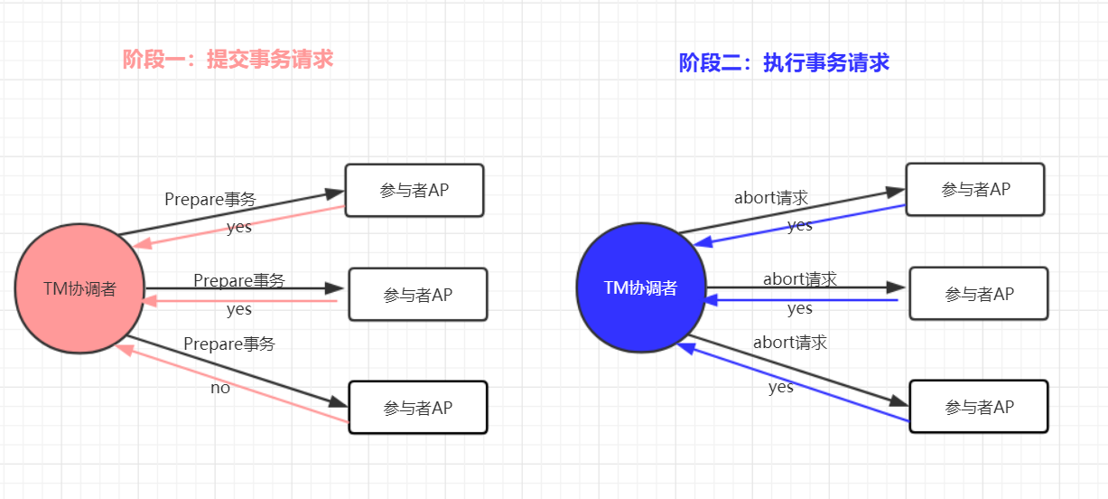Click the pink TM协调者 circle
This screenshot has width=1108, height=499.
click(x=79, y=289)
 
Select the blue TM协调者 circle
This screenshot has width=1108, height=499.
click(x=641, y=288)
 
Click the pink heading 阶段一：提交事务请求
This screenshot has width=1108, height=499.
click(x=228, y=60)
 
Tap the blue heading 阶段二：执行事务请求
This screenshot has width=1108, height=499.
click(x=784, y=62)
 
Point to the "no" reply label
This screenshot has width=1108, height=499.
click(x=220, y=388)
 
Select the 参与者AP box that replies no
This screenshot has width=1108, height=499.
click(x=417, y=408)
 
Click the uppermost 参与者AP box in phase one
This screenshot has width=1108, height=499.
click(x=414, y=191)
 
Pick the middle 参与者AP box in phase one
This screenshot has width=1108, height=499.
click(x=418, y=295)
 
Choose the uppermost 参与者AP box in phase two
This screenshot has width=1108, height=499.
click(x=975, y=190)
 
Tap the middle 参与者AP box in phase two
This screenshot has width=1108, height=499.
click(x=979, y=294)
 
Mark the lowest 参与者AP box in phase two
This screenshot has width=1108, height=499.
click(x=979, y=407)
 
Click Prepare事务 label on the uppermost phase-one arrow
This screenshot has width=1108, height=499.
click(x=210, y=199)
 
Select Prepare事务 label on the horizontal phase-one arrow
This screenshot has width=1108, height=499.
click(x=239, y=281)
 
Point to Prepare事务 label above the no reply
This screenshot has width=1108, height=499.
click(x=229, y=344)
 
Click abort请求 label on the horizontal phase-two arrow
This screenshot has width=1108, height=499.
click(x=800, y=279)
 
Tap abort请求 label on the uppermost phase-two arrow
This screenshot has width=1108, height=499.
click(x=771, y=198)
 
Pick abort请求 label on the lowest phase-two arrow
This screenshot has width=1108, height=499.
click(x=790, y=343)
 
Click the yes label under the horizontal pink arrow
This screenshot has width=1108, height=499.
click(x=239, y=310)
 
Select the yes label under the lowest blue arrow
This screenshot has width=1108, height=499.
click(x=781, y=387)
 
